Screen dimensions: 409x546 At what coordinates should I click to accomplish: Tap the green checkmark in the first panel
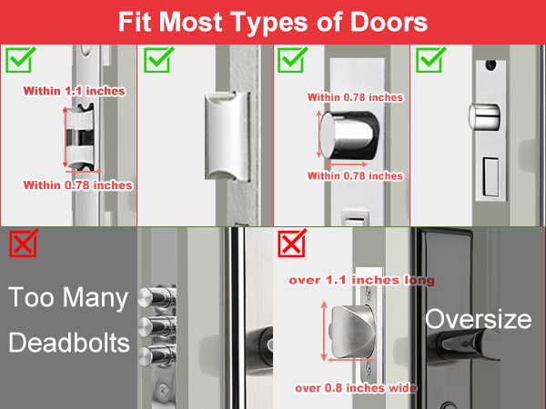click(x=20, y=61)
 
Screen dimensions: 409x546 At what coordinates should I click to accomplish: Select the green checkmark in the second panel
click(x=157, y=61)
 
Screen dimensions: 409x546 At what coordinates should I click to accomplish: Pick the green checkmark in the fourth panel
click(x=429, y=61)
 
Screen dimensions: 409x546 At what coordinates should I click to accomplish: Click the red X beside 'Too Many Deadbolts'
click(x=23, y=243)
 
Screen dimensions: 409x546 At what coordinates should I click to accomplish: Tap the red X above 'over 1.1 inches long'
click(x=292, y=243)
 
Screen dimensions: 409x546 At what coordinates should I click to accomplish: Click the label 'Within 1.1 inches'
click(x=75, y=91)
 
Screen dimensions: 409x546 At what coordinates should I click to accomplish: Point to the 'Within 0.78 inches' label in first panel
click(x=78, y=185)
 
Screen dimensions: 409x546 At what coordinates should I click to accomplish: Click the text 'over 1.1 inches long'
click(x=361, y=280)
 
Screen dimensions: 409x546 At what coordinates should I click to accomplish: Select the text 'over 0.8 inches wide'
click(x=356, y=388)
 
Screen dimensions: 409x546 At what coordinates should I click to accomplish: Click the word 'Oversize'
click(x=478, y=319)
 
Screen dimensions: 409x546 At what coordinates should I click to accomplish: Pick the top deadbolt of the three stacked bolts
click(x=157, y=297)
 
